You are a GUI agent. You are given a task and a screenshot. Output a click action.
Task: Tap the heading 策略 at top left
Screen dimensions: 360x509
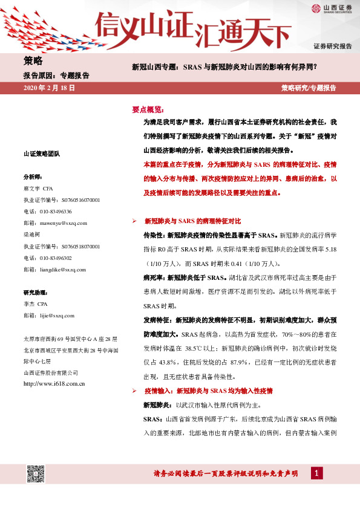[33, 60]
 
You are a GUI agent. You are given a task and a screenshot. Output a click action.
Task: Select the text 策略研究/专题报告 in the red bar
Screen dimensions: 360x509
[309, 88]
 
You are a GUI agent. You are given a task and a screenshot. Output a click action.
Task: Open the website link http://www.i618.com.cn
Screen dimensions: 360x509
[53, 383]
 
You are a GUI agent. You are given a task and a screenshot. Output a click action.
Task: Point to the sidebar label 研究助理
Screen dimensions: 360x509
[35, 292]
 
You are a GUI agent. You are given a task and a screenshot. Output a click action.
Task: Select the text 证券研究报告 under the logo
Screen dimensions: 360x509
[332, 47]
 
